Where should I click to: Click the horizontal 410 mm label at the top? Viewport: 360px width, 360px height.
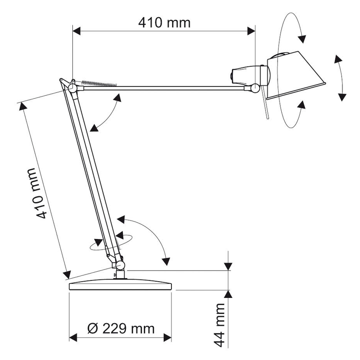coord(164,23)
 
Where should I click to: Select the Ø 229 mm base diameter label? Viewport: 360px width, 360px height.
coord(121,328)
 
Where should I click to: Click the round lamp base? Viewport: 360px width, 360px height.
coord(120,285)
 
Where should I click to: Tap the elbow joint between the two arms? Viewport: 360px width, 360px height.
coord(72,87)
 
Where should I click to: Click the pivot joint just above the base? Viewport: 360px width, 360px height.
coord(120,265)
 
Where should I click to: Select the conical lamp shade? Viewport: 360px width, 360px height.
coord(296,75)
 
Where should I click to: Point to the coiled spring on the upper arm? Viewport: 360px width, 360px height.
coord(99,84)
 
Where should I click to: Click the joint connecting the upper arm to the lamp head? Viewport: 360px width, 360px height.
coord(255,88)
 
